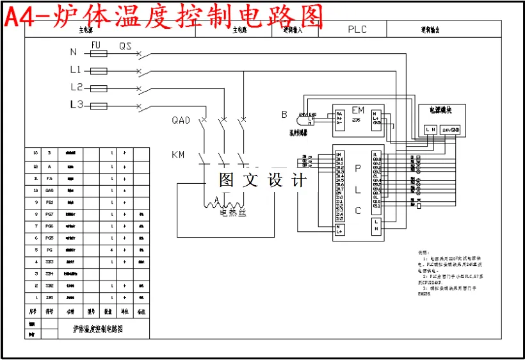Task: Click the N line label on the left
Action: point(73,52)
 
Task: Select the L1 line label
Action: point(76,69)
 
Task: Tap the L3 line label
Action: point(76,104)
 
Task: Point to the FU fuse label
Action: point(96,45)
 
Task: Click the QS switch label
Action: point(125,45)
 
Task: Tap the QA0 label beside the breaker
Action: point(181,120)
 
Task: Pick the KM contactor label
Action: point(178,155)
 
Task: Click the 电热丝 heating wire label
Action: point(233,213)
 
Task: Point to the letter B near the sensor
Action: point(284,115)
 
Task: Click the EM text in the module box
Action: point(358,111)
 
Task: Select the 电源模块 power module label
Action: point(440,110)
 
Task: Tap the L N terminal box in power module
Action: point(431,130)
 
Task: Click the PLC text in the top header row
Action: point(357,29)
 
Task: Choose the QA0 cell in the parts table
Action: point(50,190)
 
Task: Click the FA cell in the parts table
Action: point(50,178)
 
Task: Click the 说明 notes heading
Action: point(421,252)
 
